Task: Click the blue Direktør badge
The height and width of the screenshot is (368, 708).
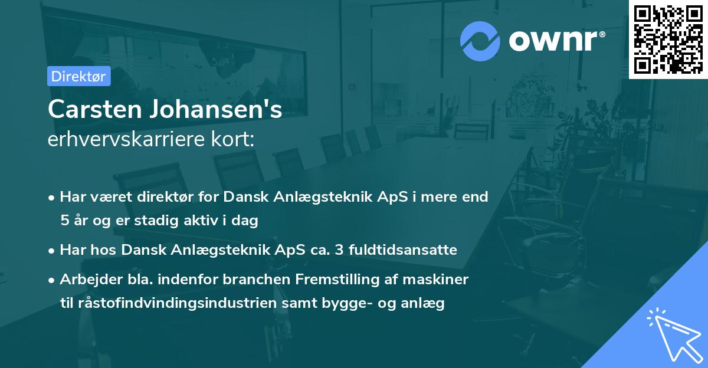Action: pyautogui.click(x=78, y=76)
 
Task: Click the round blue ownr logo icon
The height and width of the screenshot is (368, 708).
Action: pyautogui.click(x=480, y=41)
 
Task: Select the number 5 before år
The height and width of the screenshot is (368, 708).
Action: pyautogui.click(x=64, y=221)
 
